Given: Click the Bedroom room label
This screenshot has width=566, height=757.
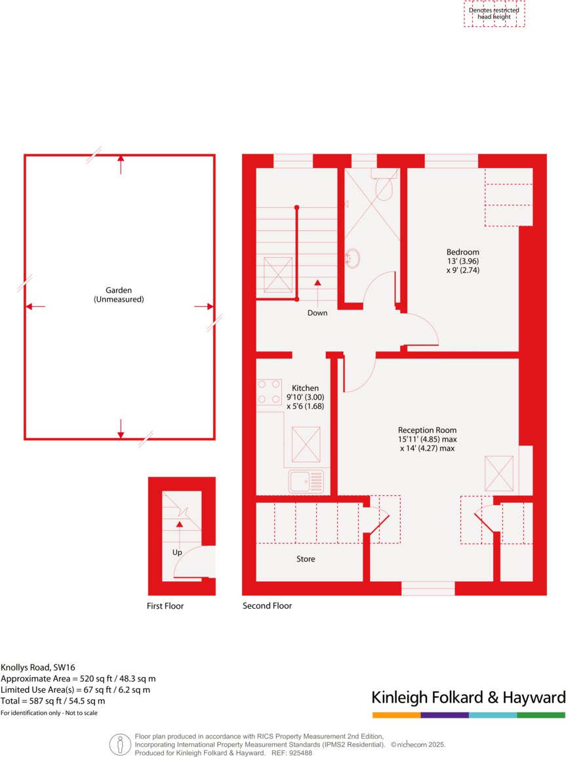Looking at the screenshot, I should [x=462, y=252].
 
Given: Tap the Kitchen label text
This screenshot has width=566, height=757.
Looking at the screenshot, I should [x=305, y=388].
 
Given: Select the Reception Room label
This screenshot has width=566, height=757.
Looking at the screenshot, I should [x=427, y=430].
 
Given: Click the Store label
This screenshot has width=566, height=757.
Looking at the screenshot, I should [x=306, y=559].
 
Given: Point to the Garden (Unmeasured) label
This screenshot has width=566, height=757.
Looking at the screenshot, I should [x=119, y=295].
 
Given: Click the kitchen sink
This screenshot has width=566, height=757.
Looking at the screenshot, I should [x=306, y=481].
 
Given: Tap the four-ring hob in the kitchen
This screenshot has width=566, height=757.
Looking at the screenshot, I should [x=269, y=391].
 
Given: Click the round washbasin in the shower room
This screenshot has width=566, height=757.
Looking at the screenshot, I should [x=354, y=258].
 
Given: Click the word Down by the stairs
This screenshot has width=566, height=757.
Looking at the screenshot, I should [x=317, y=313].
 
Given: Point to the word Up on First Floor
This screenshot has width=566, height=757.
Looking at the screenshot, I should [x=177, y=552].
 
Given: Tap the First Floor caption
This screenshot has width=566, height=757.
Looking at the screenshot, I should [x=165, y=606].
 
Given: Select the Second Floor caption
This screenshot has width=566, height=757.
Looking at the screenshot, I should [x=267, y=606].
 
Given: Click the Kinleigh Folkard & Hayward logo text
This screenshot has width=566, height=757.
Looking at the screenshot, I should [x=468, y=697].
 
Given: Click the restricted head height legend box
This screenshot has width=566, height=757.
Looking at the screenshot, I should [x=494, y=14].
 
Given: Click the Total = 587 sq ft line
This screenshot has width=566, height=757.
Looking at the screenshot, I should [x=53, y=701].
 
